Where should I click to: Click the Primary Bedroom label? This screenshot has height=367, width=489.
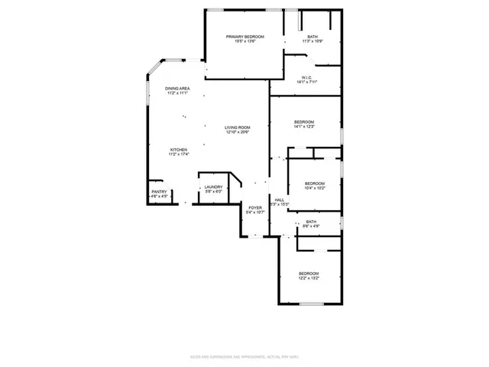pyautogui.click(x=244, y=37)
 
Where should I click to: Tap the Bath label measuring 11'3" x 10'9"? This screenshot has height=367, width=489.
pyautogui.click(x=313, y=37)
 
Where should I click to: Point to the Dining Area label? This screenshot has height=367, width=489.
pyautogui.click(x=178, y=89)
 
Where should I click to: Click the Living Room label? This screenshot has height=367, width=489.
pyautogui.click(x=237, y=128)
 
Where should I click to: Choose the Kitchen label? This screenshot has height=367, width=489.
pyautogui.click(x=179, y=150)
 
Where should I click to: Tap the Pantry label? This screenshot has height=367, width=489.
pyautogui.click(x=159, y=192)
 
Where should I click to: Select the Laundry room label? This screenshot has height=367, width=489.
pyautogui.click(x=213, y=187)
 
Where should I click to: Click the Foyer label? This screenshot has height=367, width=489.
pyautogui.click(x=255, y=208)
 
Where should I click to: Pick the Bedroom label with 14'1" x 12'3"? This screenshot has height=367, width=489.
pyautogui.click(x=305, y=122)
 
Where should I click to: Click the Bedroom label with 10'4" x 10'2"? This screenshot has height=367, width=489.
pyautogui.click(x=315, y=183)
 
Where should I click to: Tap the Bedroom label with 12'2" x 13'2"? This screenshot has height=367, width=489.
pyautogui.click(x=309, y=273)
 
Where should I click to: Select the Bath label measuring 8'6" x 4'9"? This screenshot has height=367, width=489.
pyautogui.click(x=311, y=222)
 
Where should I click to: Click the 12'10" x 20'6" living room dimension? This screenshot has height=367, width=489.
pyautogui.click(x=238, y=133)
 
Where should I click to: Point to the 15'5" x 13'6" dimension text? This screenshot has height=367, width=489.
pyautogui.click(x=244, y=41)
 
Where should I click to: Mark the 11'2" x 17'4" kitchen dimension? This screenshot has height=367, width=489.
pyautogui.click(x=179, y=154)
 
